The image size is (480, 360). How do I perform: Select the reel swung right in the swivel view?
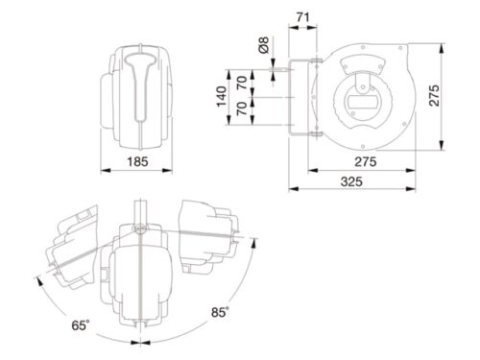click(206, 234)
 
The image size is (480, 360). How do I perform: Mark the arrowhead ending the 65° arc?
click(37, 279)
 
